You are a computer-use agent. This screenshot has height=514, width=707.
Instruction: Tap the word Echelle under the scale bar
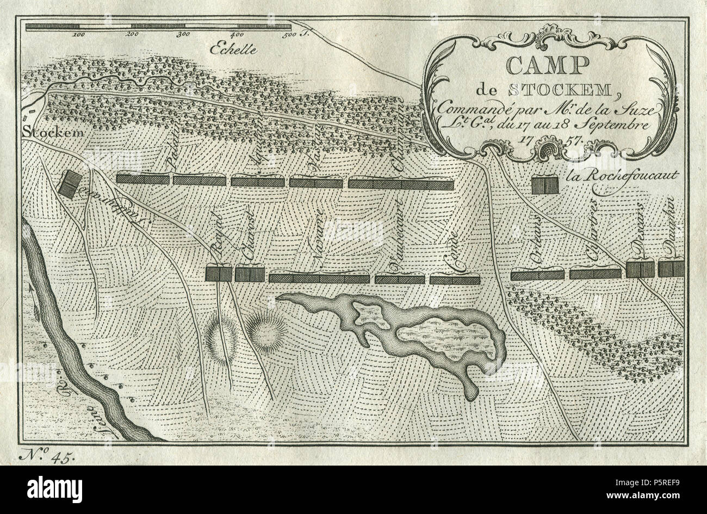click(x=234, y=48)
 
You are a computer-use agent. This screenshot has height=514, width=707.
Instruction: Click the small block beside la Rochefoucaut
click(x=545, y=185)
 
